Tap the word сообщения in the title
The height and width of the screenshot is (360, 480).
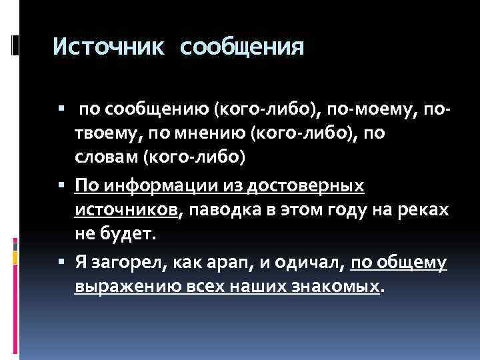point(242,47)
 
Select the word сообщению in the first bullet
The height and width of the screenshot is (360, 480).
point(155,109)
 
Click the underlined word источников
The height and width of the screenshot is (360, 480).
point(126,210)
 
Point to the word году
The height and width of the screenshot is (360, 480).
point(358,210)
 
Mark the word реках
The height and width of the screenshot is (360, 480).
point(425,210)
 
